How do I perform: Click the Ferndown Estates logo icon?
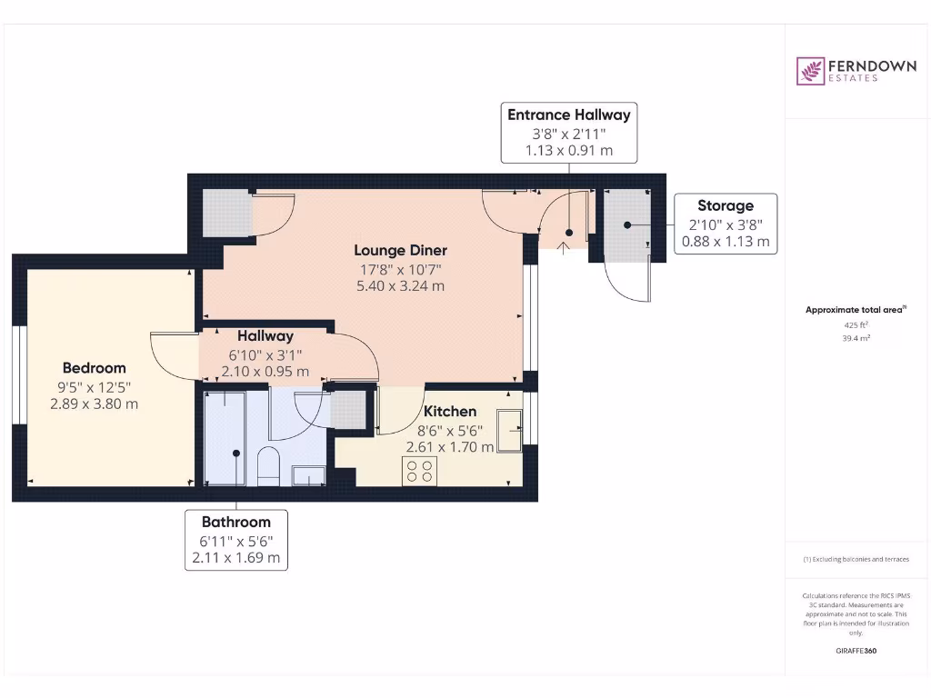[810, 71]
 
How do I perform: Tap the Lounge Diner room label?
[400, 251]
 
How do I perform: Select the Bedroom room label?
[95, 368]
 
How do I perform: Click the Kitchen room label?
[449, 412]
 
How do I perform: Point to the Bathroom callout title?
[236, 523]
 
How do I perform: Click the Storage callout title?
[726, 206]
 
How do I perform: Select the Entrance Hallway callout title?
[569, 115]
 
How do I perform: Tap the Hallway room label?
[265, 336]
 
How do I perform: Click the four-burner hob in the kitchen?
[419, 472]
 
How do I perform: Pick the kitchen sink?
[509, 430]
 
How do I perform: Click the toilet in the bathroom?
[268, 466]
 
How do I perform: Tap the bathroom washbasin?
[309, 476]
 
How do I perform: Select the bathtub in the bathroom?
[225, 439]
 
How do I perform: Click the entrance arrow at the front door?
[564, 248]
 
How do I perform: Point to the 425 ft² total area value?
[856, 325]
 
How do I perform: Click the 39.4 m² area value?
[856, 338]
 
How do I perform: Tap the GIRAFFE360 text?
[856, 651]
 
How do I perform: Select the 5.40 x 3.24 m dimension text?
[400, 286]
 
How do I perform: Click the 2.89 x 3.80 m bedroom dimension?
[95, 404]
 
